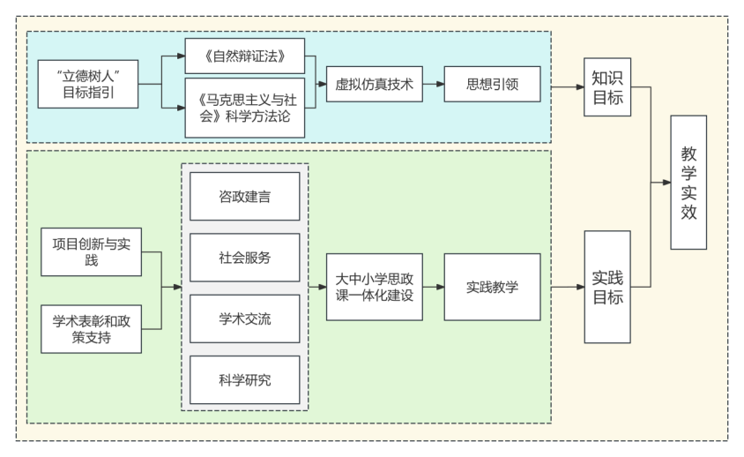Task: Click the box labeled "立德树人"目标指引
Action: tap(87, 84)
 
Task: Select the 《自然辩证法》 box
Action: tap(244, 56)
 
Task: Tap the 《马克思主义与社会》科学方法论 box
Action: tap(244, 108)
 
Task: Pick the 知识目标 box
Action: tap(607, 86)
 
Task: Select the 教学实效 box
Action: tap(688, 182)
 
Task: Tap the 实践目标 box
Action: tap(607, 287)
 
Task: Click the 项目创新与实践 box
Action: tap(91, 251)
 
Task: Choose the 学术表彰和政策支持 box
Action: tap(91, 328)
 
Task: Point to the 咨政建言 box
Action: tap(245, 196)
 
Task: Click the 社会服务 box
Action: tap(245, 258)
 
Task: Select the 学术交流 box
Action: tap(245, 318)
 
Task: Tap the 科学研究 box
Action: tap(245, 380)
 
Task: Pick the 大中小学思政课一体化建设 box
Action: tap(374, 287)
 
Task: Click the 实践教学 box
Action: tap(492, 287)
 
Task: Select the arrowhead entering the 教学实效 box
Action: tap(665, 183)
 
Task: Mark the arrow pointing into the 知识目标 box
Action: tap(569, 86)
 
